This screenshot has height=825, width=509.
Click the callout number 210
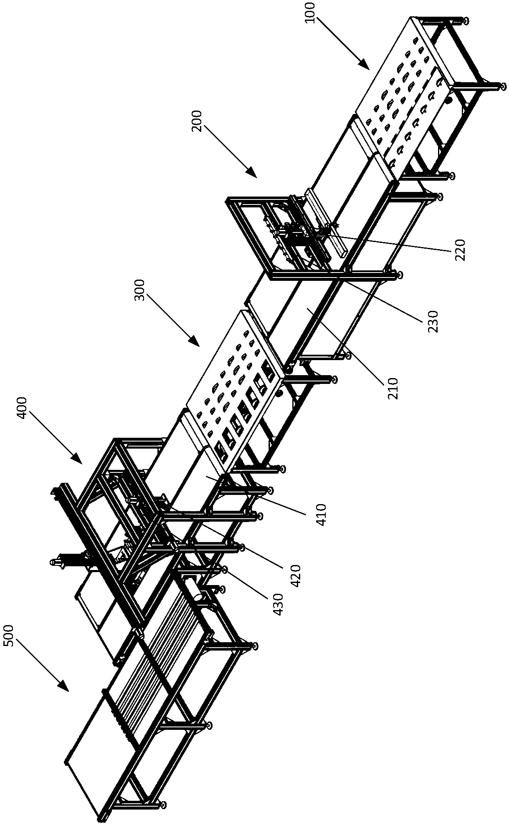click(x=393, y=388)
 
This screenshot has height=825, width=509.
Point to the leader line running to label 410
click(x=267, y=497)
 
